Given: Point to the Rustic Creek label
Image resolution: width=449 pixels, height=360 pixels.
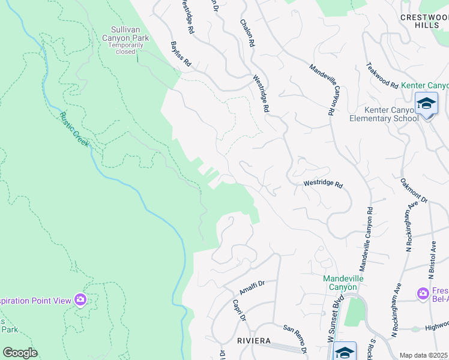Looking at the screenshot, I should click(74, 130).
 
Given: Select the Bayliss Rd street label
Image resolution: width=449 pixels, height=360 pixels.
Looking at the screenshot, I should click(181, 54).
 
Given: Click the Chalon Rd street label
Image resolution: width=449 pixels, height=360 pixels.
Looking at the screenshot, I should click(247, 34).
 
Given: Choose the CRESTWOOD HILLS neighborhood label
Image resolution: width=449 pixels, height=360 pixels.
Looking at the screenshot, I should click(424, 22).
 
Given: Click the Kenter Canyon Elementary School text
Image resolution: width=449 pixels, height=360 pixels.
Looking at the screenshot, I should click(384, 114).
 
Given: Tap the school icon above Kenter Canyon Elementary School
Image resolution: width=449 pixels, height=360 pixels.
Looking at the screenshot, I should click(426, 104).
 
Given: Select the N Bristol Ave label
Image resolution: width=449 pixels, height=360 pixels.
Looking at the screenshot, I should click(432, 260).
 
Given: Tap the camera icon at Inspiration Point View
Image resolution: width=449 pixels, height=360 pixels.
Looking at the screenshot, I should click(80, 299).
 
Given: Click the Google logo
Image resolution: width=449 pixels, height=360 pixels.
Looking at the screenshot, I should click(20, 353).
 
